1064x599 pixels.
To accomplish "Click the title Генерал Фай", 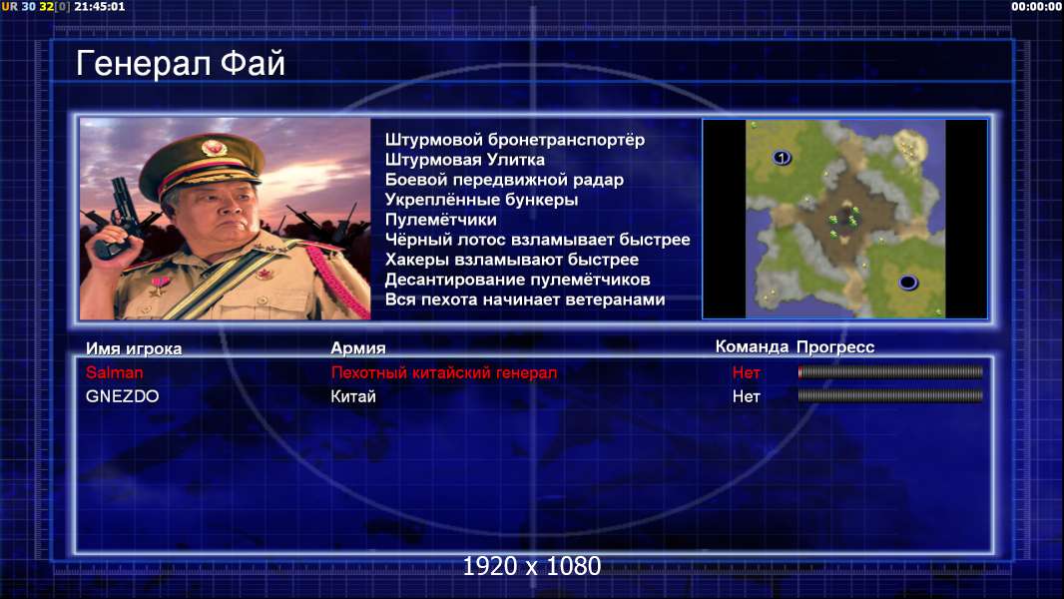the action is [180, 64].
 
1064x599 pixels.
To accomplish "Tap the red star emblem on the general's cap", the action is [213, 147].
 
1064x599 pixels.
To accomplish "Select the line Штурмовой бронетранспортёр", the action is [515, 141].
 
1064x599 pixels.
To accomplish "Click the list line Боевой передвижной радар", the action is [504, 180].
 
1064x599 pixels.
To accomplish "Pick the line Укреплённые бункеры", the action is [481, 200].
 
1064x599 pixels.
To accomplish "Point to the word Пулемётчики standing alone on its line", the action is [441, 220].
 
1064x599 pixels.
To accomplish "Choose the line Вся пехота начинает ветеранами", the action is [525, 299].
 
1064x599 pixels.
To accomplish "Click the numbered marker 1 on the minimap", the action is [782, 158].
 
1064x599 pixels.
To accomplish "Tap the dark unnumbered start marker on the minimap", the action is [908, 283].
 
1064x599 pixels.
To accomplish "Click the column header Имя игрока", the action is [134, 348].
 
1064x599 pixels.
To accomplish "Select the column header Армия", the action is [357, 348].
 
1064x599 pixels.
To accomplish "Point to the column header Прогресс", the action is [835, 347].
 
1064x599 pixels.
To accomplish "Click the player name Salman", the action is [115, 372].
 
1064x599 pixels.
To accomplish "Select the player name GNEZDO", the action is [122, 397].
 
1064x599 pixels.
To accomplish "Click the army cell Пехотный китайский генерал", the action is [444, 372].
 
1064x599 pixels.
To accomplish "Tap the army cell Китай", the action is [353, 397].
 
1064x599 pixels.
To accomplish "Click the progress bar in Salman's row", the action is [890, 371].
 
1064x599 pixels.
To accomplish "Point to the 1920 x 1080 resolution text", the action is [532, 566].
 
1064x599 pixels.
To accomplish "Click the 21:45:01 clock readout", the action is [99, 6].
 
